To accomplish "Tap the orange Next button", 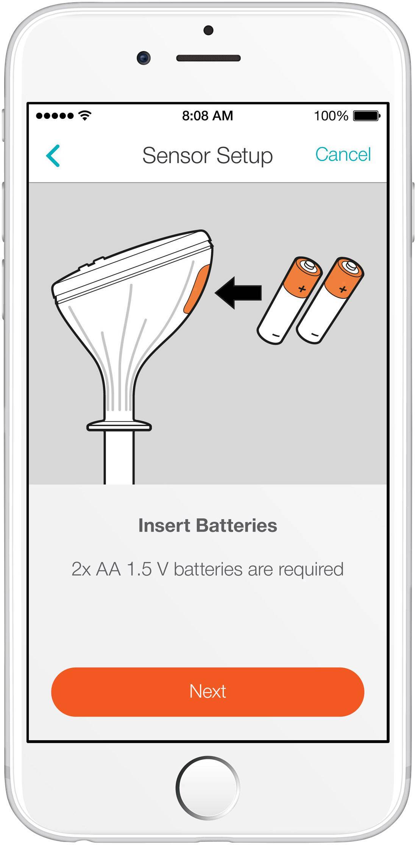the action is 207,692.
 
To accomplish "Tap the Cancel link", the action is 343,154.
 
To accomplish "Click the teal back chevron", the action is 53,155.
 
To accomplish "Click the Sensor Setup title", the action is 207,156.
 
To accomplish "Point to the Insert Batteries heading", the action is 207,525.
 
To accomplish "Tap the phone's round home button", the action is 207,787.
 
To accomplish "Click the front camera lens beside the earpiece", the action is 144,58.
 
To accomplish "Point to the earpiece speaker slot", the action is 208,58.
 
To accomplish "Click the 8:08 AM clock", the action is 207,115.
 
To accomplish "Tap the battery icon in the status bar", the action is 367,115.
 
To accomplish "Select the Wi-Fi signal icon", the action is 85,115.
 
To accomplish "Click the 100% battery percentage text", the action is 331,115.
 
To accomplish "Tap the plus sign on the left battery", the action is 302,289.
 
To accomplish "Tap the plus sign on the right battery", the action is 343,290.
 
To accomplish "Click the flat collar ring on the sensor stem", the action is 119,426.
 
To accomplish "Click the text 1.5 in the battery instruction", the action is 139,569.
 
